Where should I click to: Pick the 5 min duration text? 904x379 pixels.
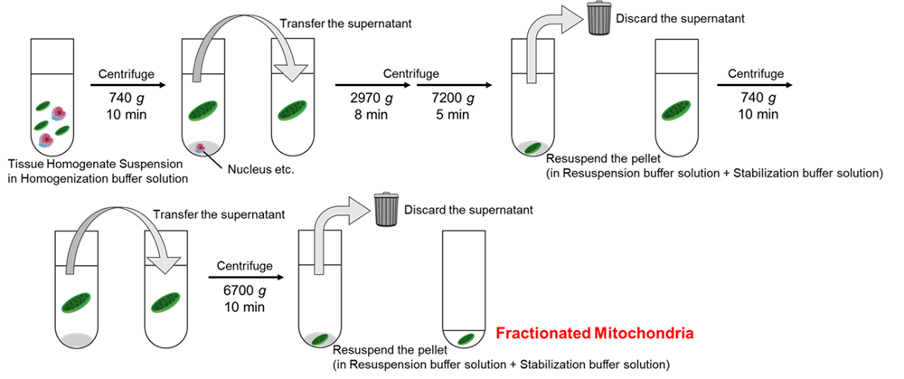click(450, 115)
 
